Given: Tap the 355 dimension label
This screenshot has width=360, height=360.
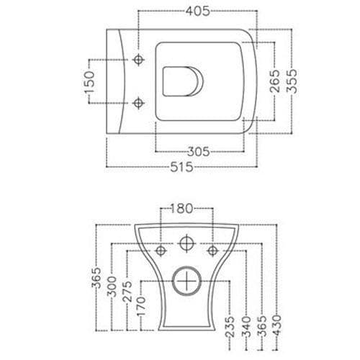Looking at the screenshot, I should pos(292,82).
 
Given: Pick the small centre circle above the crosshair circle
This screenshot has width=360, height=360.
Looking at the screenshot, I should pos(186,243).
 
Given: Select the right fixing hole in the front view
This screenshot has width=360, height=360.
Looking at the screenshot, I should pos(212,250).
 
